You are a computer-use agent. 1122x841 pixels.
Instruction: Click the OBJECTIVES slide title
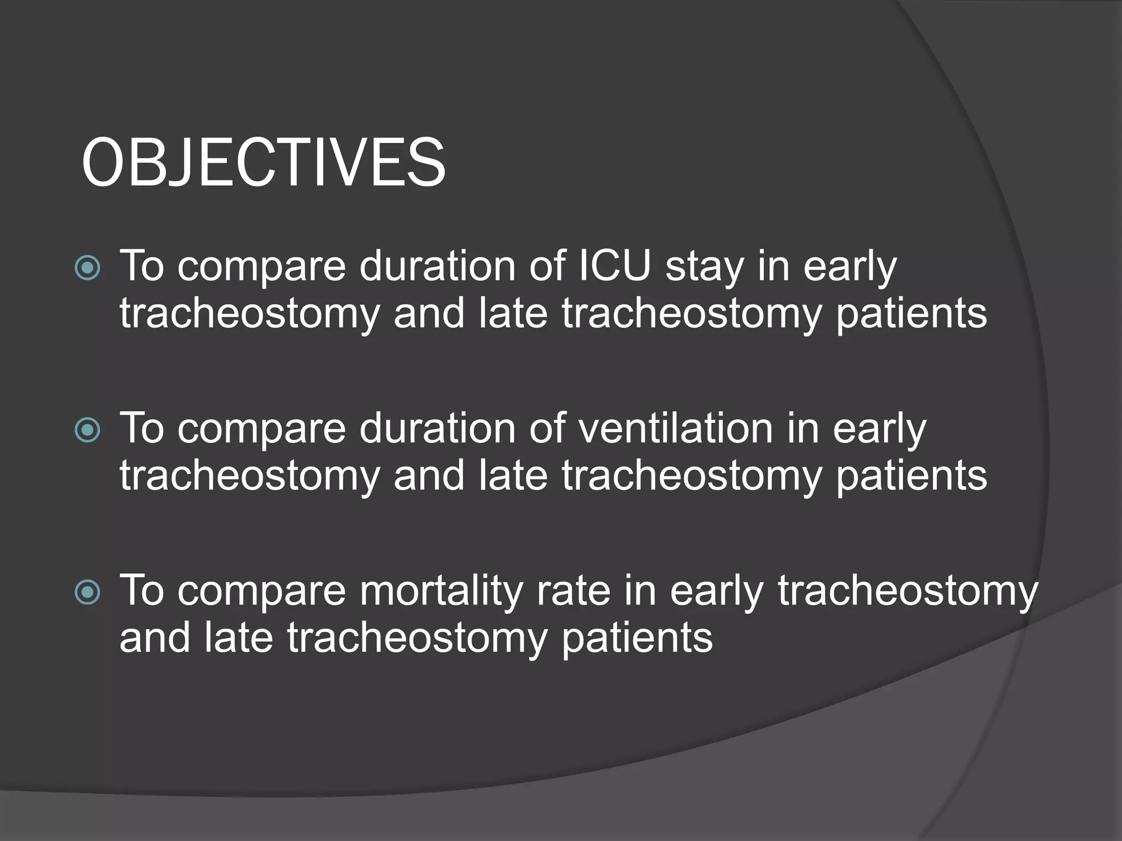coord(264,163)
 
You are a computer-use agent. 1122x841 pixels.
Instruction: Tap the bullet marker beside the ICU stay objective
coord(88,268)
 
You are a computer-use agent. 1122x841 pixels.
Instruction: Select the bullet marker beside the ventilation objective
coord(88,430)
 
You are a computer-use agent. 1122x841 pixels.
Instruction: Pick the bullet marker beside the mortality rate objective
coord(88,592)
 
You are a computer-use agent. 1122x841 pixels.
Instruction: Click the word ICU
coord(615,266)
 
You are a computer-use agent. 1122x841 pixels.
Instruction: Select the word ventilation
coord(676,428)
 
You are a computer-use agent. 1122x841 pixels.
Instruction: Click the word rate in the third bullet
coord(574,591)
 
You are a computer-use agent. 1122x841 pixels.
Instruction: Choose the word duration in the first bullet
coord(438,266)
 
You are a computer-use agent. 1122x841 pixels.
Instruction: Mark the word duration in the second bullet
coord(438,428)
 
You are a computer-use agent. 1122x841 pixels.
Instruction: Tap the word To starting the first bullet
coord(142,266)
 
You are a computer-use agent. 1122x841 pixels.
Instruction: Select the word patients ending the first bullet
coord(911,314)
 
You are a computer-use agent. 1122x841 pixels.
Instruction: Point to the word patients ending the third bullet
coord(637,638)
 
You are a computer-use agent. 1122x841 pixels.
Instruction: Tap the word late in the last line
coord(238,637)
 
